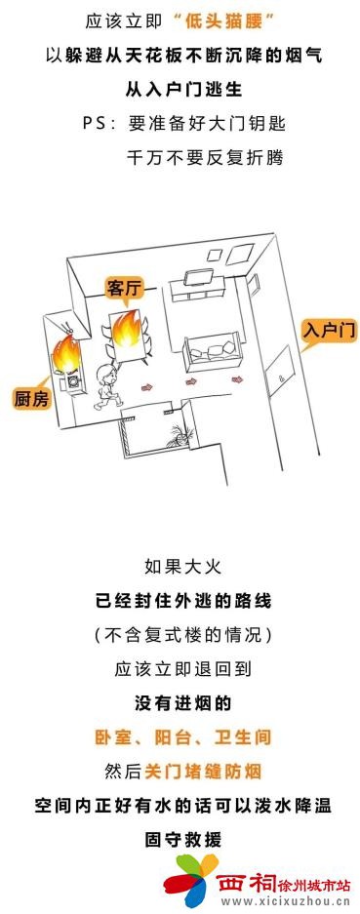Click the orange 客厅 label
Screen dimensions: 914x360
[125, 288]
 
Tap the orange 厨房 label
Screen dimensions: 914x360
[31, 398]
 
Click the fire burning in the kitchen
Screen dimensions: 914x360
[66, 354]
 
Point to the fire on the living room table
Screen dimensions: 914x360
[128, 328]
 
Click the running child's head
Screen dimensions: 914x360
[105, 372]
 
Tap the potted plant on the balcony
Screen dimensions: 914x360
[176, 433]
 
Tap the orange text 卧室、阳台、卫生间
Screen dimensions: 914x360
[180, 735]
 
